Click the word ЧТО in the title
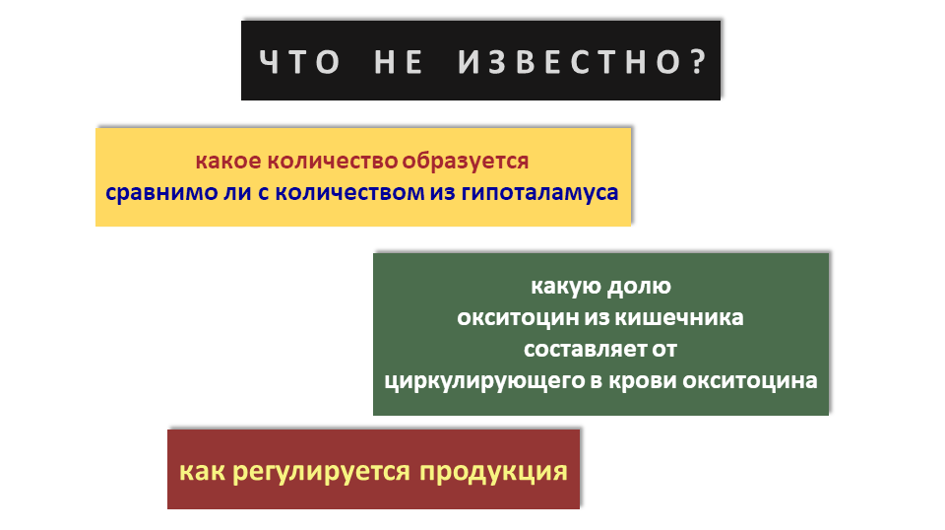(299, 62)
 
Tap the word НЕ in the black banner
(399, 62)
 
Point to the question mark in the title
(699, 61)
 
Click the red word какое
(227, 161)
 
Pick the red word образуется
(466, 162)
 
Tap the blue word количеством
(349, 193)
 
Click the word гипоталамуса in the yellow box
(540, 193)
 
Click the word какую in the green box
(565, 286)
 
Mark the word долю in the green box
(639, 286)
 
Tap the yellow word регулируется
(322, 472)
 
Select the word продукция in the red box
(493, 472)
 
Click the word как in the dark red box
(202, 471)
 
